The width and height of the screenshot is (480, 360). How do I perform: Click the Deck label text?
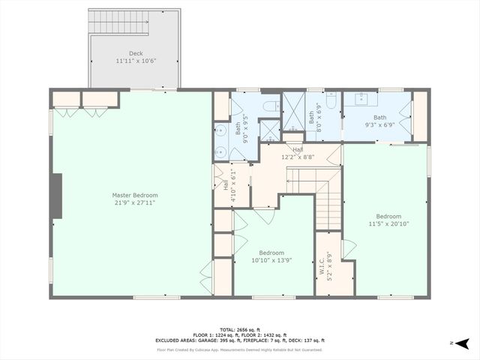pyautogui.click(x=135, y=53)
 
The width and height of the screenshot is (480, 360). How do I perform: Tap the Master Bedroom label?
pyautogui.click(x=135, y=195)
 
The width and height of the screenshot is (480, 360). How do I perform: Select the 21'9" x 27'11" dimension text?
pyautogui.click(x=135, y=202)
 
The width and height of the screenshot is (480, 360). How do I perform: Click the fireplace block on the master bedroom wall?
pyautogui.click(x=56, y=194)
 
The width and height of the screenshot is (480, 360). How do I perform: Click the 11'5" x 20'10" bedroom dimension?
pyautogui.click(x=388, y=223)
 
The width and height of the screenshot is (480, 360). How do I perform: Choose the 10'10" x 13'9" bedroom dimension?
pyautogui.click(x=271, y=260)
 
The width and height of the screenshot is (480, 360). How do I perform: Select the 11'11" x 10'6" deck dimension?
pyautogui.click(x=135, y=60)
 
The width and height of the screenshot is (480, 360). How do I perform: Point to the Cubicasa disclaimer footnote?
pyautogui.click(x=239, y=349)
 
